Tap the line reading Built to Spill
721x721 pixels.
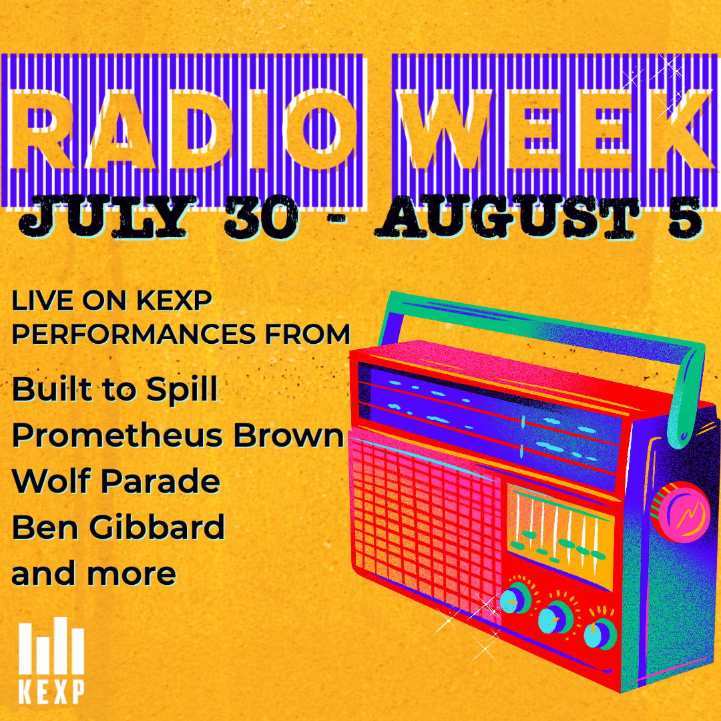115,390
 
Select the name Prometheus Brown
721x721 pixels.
178,435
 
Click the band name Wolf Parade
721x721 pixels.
116,481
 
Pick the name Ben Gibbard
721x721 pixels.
118,527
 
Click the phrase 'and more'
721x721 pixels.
94,573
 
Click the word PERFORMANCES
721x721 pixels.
134,334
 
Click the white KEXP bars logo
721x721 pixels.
51,660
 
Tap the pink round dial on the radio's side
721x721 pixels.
680,512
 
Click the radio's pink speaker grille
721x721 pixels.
421,519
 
